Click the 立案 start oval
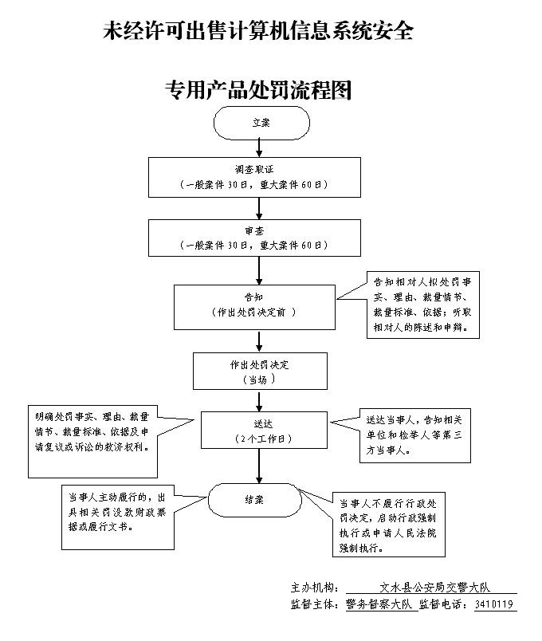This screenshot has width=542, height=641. coord(261,123)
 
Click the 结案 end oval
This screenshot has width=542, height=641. coord(255,500)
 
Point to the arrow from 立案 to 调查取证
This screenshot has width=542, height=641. coord(257,147)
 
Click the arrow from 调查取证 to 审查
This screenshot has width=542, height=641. coord(257,208)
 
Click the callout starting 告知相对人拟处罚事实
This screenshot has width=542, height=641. coord(423,304)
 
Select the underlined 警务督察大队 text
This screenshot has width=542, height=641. coord(379,604)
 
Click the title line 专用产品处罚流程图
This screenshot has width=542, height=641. coord(258,90)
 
